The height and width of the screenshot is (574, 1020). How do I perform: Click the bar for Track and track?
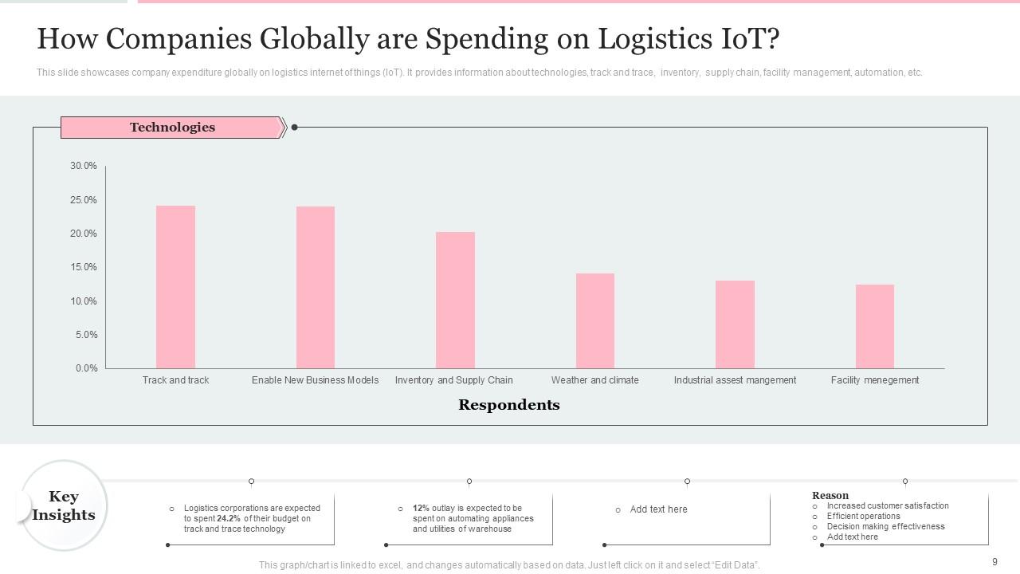[175, 287]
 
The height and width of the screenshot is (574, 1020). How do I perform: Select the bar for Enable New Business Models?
[316, 287]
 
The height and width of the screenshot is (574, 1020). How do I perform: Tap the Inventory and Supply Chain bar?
[455, 300]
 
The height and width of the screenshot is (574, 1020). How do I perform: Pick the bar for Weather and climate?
[595, 320]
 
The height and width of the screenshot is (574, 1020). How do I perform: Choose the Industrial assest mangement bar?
[735, 324]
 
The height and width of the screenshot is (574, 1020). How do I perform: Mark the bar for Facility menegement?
[875, 326]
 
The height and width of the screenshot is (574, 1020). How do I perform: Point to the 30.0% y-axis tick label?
[84, 166]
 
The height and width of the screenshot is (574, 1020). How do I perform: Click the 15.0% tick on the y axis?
[84, 267]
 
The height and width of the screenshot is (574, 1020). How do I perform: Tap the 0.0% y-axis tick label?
[86, 368]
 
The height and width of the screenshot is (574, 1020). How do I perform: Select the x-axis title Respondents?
[508, 405]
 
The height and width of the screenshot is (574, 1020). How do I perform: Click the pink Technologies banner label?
[172, 128]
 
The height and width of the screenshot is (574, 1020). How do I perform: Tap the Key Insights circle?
[64, 505]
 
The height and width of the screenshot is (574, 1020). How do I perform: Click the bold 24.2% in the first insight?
[229, 518]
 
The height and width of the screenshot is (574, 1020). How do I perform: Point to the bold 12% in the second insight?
[421, 508]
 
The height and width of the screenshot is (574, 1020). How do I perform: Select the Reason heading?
[830, 495]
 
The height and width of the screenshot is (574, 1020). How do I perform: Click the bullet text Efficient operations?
[863, 516]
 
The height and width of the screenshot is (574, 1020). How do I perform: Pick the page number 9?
[994, 562]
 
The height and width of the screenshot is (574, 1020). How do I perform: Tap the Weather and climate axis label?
[594, 380]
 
